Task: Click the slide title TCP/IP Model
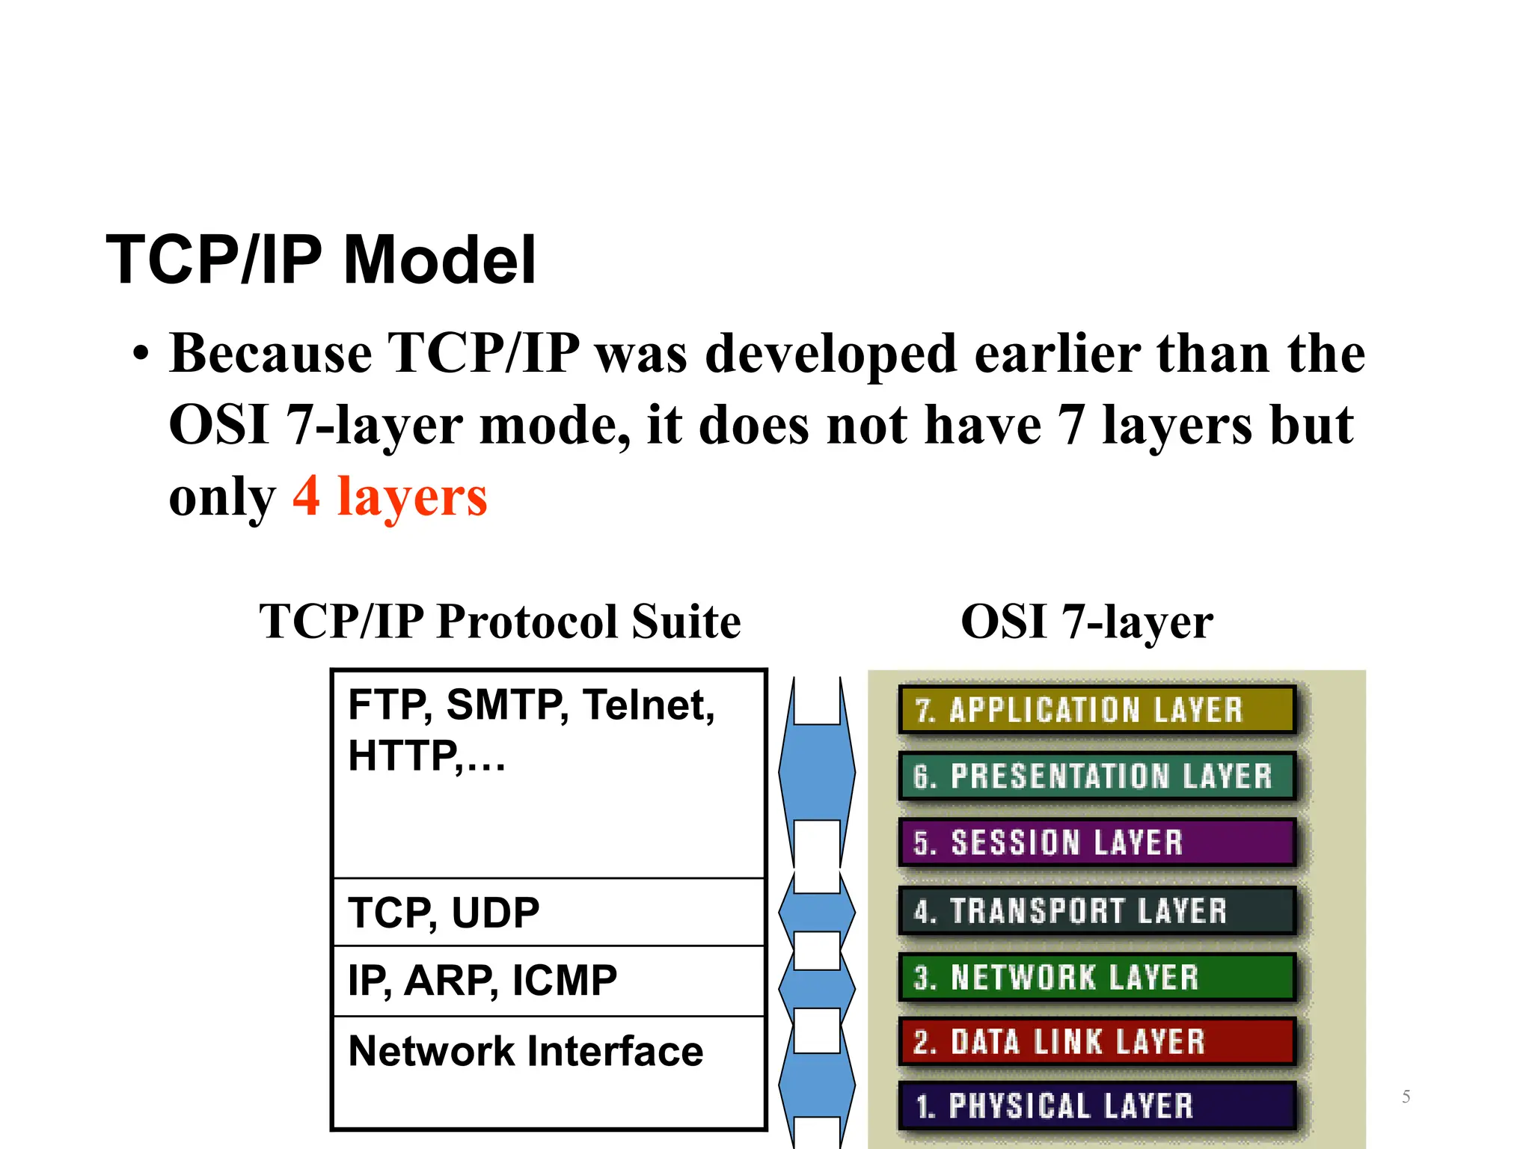click(x=321, y=260)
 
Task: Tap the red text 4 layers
click(x=390, y=496)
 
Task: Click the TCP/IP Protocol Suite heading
click(x=500, y=622)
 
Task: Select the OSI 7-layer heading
click(x=1086, y=622)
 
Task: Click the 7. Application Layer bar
click(x=1097, y=709)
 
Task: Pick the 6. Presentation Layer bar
click(x=1097, y=776)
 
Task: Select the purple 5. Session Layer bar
click(x=1097, y=842)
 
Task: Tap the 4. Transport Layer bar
click(x=1097, y=910)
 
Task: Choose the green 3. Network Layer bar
click(x=1097, y=977)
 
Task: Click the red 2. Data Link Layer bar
click(x=1097, y=1041)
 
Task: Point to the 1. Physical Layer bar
click(x=1097, y=1106)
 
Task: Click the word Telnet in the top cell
click(x=647, y=705)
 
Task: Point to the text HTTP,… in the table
click(x=426, y=756)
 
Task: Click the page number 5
click(x=1406, y=1097)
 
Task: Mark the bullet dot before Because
click(x=141, y=355)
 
